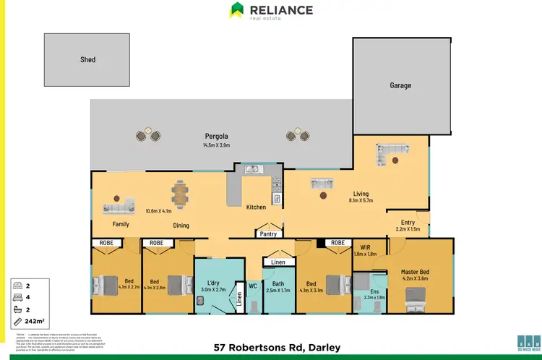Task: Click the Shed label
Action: [x=87, y=59]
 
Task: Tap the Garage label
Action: [x=400, y=85]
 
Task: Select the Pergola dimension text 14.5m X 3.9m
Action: [x=216, y=145]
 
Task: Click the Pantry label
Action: [x=269, y=234]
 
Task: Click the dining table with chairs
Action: [x=180, y=193]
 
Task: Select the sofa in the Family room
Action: [x=120, y=208]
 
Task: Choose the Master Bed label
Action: [x=415, y=271]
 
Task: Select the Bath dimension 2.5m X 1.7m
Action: [x=278, y=290]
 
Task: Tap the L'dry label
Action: [x=212, y=281]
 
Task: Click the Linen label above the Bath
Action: [x=278, y=262]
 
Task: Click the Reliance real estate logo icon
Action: [x=237, y=9]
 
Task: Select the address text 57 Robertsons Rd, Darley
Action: [x=278, y=348]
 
